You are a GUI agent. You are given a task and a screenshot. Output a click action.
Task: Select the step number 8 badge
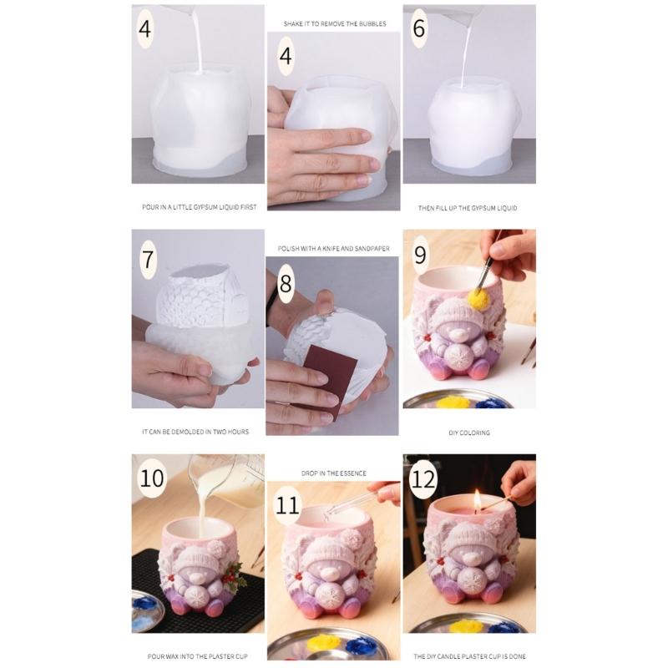[x=286, y=283]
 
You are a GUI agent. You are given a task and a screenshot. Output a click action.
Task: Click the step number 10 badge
[x=153, y=478]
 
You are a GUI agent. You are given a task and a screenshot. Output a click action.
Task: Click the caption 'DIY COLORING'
[x=468, y=433]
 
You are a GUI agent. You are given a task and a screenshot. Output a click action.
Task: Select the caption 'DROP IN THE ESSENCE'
[x=332, y=473]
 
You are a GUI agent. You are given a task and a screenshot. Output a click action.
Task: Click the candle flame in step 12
[x=478, y=500]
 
